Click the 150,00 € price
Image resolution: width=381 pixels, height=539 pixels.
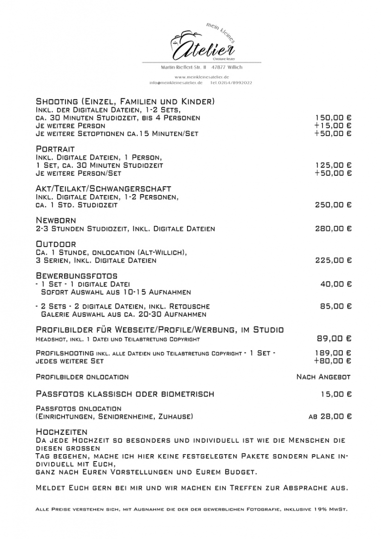click(x=333, y=118)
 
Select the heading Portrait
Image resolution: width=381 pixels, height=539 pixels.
click(x=55, y=149)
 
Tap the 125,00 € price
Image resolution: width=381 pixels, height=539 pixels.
click(x=333, y=165)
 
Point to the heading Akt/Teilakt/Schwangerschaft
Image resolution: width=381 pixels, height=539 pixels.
click(x=103, y=189)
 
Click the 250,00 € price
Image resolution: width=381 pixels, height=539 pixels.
click(x=333, y=205)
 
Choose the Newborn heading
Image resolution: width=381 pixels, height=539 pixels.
click(x=56, y=220)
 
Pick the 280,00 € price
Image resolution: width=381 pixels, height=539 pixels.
click(x=333, y=229)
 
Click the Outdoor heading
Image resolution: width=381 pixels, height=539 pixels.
click(x=56, y=244)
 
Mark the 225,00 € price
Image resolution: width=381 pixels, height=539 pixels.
click(x=333, y=260)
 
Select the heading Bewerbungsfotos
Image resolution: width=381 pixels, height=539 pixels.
click(x=76, y=275)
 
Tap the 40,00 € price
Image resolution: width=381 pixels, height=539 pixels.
click(x=336, y=284)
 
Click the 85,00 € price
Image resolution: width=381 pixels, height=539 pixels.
click(x=336, y=307)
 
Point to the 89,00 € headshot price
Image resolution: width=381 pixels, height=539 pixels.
click(x=334, y=339)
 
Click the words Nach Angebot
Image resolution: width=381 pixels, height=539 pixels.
click(x=323, y=377)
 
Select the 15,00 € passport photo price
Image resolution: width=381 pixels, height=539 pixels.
click(x=336, y=395)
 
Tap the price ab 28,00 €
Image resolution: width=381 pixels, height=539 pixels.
click(x=330, y=417)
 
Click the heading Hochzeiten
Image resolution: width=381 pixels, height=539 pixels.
click(x=62, y=432)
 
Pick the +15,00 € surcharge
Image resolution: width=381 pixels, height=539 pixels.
click(x=333, y=126)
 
